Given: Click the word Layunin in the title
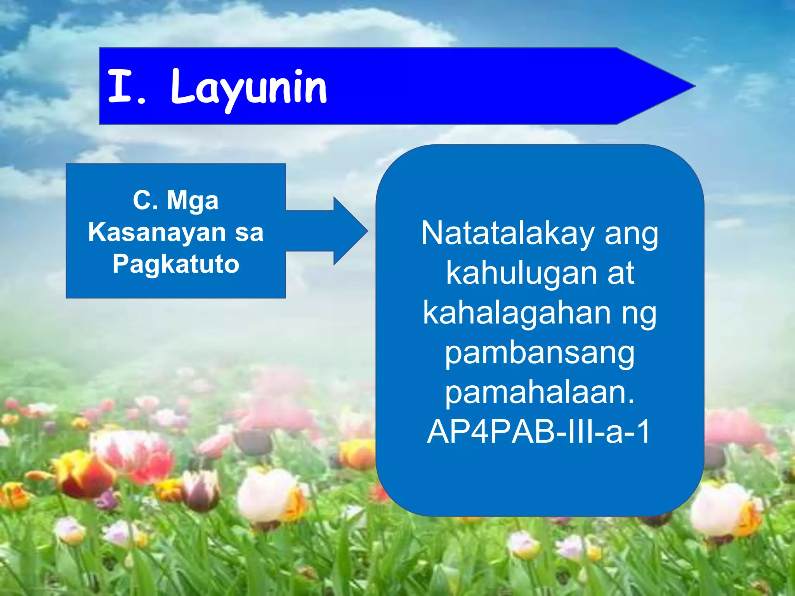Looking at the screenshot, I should tap(248, 88).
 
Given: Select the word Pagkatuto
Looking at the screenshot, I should tap(176, 264).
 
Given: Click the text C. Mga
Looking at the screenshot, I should tap(176, 201).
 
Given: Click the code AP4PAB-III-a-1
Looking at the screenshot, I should tap(539, 431).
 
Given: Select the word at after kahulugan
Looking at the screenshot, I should tap(621, 273).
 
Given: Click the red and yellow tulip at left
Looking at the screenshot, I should tap(83, 475).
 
